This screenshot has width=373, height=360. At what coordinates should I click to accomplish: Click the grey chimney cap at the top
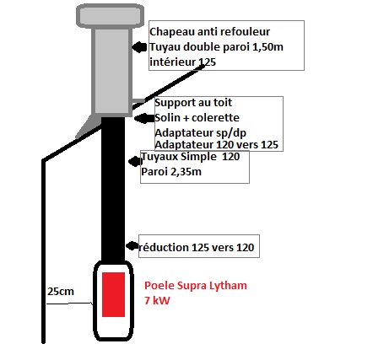pyautogui.click(x=111, y=16)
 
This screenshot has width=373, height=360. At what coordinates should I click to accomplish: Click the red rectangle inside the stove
pyautogui.click(x=113, y=294)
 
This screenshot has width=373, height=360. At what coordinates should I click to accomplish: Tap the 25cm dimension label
pyautogui.click(x=61, y=292)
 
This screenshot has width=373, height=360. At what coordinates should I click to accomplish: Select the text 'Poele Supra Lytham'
pyautogui.click(x=196, y=286)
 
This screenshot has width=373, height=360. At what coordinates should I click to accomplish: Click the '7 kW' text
pyautogui.click(x=157, y=300)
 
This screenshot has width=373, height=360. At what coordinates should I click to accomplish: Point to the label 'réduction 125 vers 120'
pyautogui.click(x=197, y=247)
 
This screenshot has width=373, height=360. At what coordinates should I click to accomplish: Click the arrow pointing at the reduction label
pyautogui.click(x=132, y=246)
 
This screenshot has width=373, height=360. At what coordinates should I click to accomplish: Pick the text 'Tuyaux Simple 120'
pyautogui.click(x=191, y=157)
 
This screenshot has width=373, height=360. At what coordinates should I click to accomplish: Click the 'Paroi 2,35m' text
pyautogui.click(x=171, y=171)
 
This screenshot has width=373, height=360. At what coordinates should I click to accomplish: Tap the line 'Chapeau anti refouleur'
pyautogui.click(x=209, y=32)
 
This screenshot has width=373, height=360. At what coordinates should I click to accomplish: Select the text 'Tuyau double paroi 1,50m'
pyautogui.click(x=216, y=47)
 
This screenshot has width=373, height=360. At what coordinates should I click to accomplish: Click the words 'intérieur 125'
pyautogui.click(x=182, y=62)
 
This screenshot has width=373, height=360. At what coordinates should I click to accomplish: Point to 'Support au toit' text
pyautogui.click(x=193, y=103)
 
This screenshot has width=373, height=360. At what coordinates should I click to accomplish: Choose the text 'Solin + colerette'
pyautogui.click(x=197, y=117)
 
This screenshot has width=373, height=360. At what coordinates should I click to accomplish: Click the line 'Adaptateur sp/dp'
pyautogui.click(x=200, y=132)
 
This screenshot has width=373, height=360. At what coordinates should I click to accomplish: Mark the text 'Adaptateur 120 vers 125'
pyautogui.click(x=216, y=145)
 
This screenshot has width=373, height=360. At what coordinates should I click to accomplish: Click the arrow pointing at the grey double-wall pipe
pyautogui.click(x=139, y=47)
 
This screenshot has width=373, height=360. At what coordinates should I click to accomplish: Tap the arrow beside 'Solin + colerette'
pyautogui.click(x=144, y=118)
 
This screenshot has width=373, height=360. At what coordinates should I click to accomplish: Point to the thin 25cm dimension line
pyautogui.click(x=69, y=304)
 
